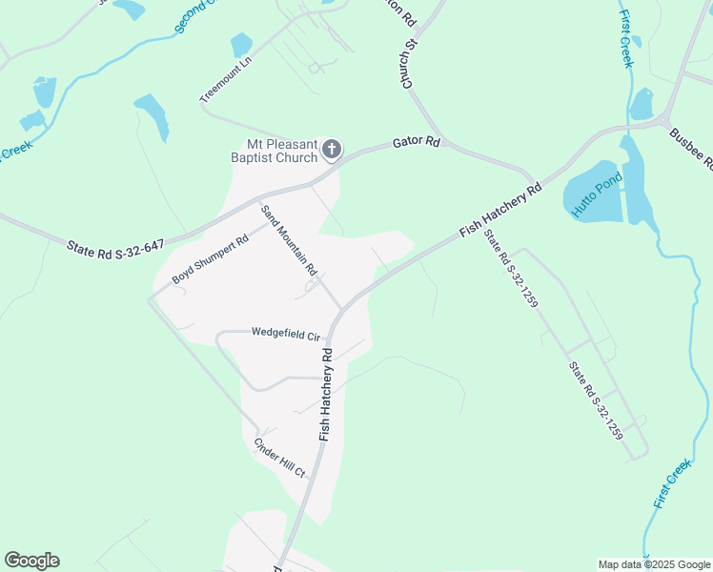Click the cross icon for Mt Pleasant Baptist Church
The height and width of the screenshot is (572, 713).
pyautogui.click(x=331, y=148)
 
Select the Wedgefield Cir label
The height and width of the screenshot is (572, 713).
pyautogui.click(x=283, y=333)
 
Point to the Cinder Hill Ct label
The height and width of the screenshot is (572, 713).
pyautogui.click(x=278, y=458)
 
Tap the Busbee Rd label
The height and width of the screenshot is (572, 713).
pyautogui.click(x=691, y=149)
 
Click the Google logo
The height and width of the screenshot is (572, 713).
pyautogui.click(x=31, y=561)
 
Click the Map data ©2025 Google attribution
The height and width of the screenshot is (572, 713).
pyautogui.click(x=654, y=564)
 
